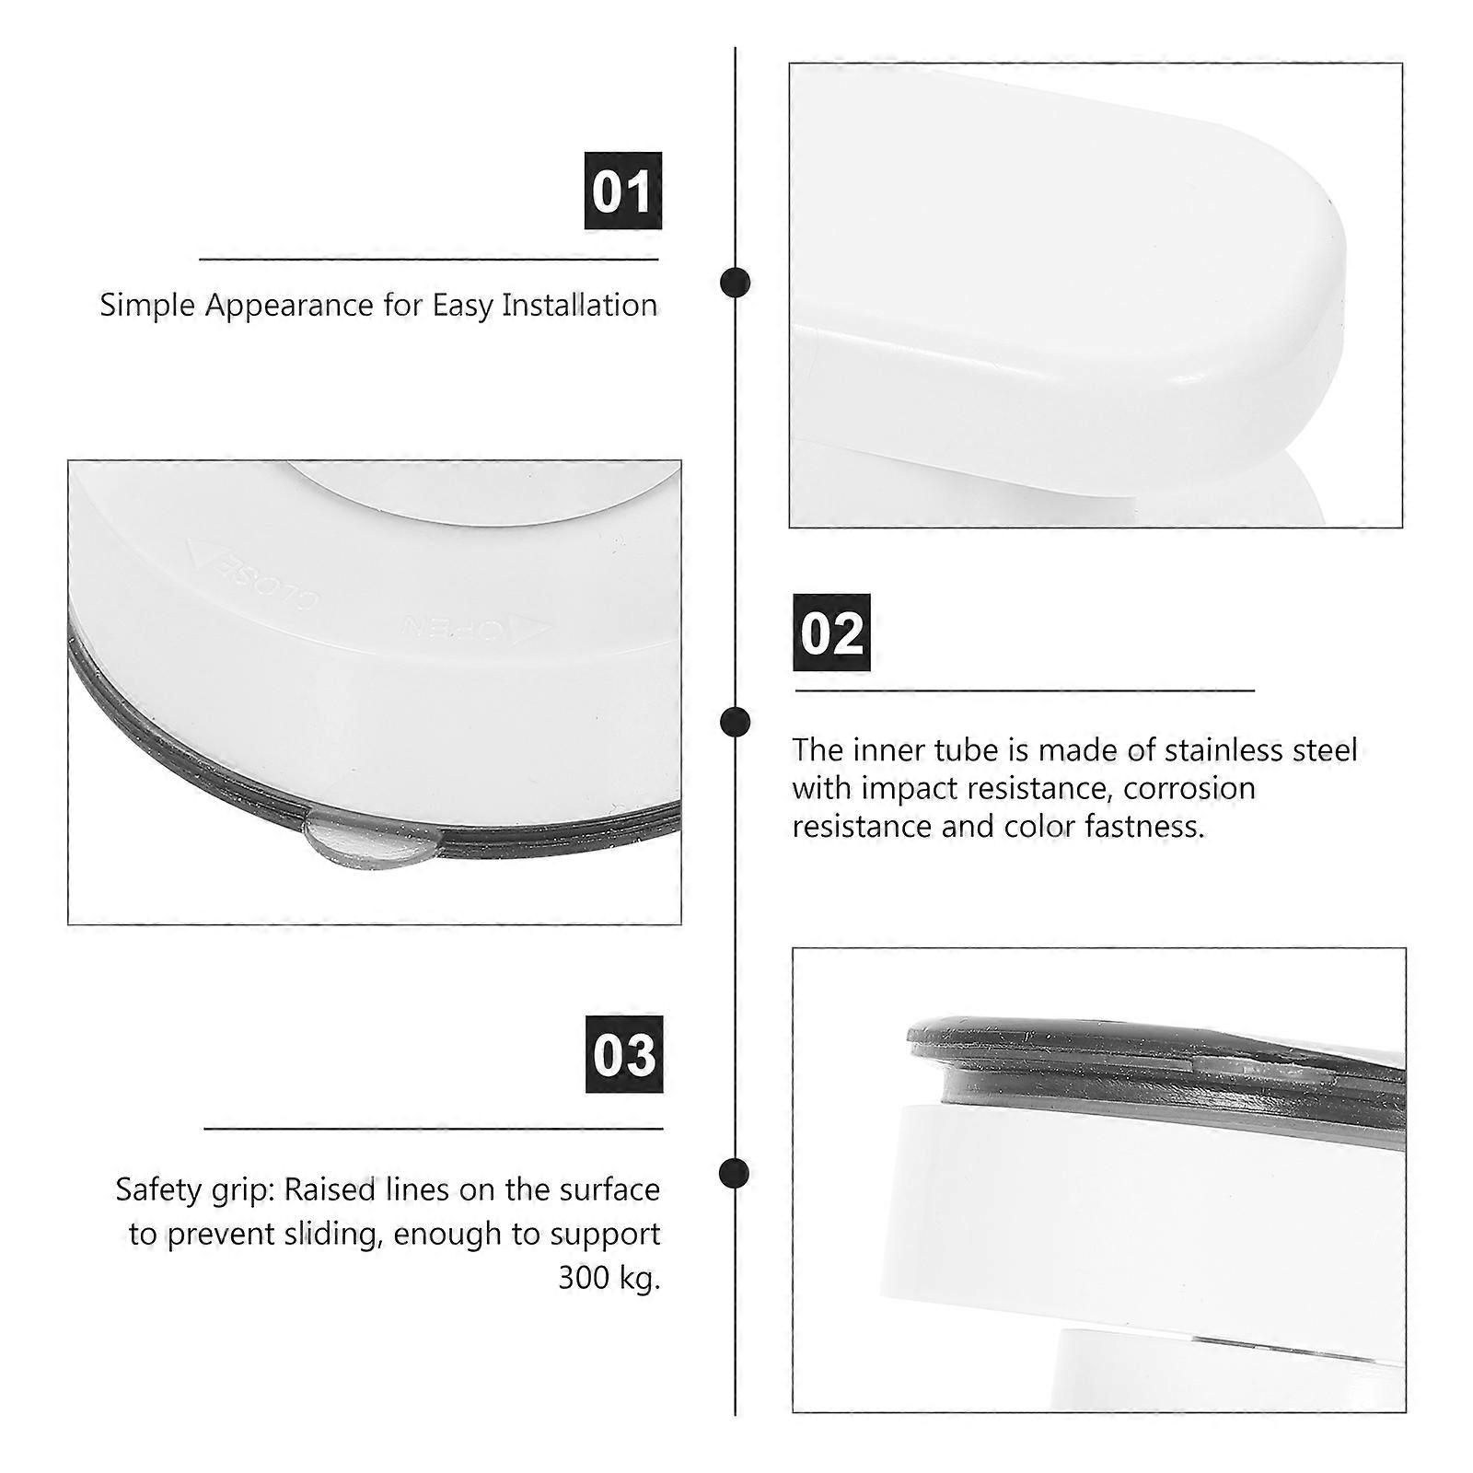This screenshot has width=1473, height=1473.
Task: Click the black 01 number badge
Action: click(x=623, y=191)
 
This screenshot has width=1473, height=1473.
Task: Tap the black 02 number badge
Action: click(x=831, y=632)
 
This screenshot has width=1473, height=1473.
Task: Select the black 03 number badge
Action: click(x=624, y=1054)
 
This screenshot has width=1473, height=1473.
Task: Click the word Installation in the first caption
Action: click(x=579, y=305)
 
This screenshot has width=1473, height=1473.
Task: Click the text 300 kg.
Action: click(x=609, y=1278)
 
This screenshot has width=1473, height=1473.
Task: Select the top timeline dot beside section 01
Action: click(x=735, y=282)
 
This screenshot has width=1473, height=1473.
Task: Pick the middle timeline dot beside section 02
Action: click(x=735, y=722)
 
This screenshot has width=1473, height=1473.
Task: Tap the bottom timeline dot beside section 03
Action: click(x=734, y=1173)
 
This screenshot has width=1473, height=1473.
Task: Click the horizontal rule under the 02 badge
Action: click(x=1024, y=690)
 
